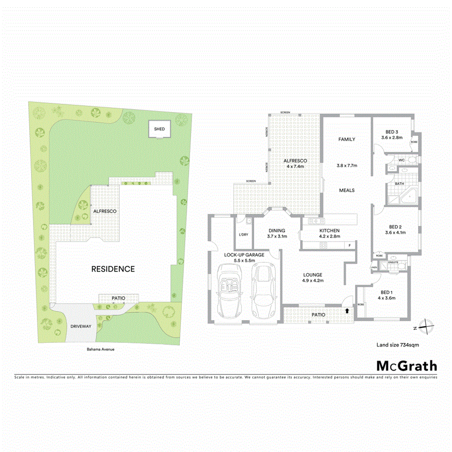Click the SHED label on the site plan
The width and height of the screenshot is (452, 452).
tap(160, 129)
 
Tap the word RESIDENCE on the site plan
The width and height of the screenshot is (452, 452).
tap(113, 269)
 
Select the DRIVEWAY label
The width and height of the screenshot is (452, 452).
tap(81, 326)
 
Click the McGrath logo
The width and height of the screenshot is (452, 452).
tap(406, 366)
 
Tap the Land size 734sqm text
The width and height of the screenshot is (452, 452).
tap(397, 345)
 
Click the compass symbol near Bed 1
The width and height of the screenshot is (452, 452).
tap(424, 327)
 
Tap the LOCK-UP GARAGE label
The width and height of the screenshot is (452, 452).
tap(244, 255)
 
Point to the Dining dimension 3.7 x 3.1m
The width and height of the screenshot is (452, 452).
tap(277, 237)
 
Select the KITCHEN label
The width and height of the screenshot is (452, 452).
tap(329, 230)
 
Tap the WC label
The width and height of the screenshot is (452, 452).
tap(402, 160)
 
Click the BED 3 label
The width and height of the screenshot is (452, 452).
tap(392, 132)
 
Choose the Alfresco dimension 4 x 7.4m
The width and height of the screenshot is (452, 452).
tap(295, 166)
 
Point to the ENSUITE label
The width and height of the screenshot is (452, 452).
tap(393, 262)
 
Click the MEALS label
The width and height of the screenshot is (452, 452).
tap(346, 190)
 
